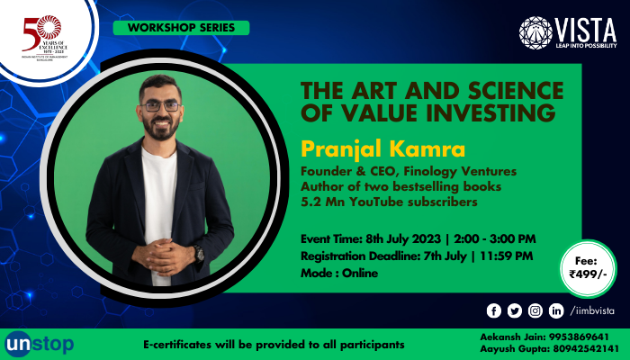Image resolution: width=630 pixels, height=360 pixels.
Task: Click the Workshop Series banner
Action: click(x=180, y=28)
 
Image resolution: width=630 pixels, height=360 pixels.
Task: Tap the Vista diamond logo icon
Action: click(x=535, y=32)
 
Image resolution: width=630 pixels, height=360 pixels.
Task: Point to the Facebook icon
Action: click(x=493, y=310)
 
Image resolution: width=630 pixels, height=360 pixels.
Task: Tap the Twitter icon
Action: click(x=514, y=310)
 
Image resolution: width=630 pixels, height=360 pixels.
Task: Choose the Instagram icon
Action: click(x=535, y=310)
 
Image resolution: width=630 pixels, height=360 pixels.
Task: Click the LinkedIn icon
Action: click(x=556, y=310)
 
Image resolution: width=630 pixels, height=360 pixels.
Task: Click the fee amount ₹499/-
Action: click(x=588, y=274)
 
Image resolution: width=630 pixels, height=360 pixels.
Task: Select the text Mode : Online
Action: click(x=340, y=273)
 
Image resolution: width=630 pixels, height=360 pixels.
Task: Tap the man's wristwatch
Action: click(x=198, y=253)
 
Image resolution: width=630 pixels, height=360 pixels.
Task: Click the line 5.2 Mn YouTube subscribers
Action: click(x=388, y=202)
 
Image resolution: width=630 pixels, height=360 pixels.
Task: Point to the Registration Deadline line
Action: click(x=417, y=256)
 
